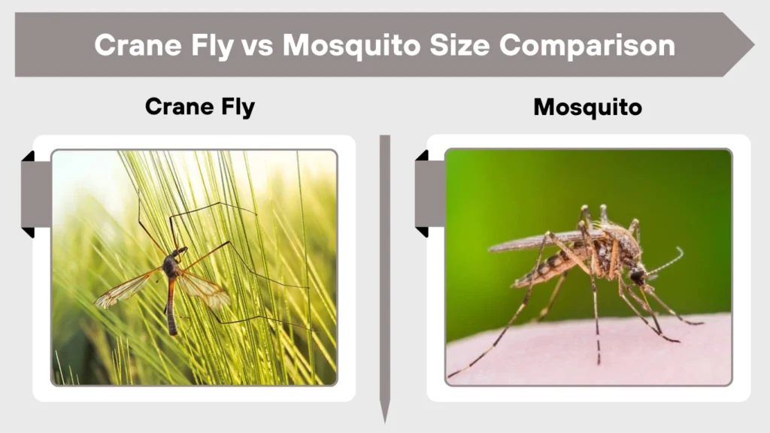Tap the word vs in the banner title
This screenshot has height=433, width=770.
click(x=259, y=45)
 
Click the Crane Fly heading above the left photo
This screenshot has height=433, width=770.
click(x=199, y=107)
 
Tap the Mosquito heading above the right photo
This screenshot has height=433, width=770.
click(x=587, y=107)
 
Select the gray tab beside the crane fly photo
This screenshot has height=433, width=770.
click(x=36, y=194)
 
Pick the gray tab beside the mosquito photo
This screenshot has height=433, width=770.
click(x=429, y=193)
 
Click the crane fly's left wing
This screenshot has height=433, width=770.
click(x=126, y=289)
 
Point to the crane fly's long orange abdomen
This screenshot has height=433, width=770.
click(x=171, y=305)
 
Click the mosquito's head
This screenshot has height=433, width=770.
click(x=638, y=276)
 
